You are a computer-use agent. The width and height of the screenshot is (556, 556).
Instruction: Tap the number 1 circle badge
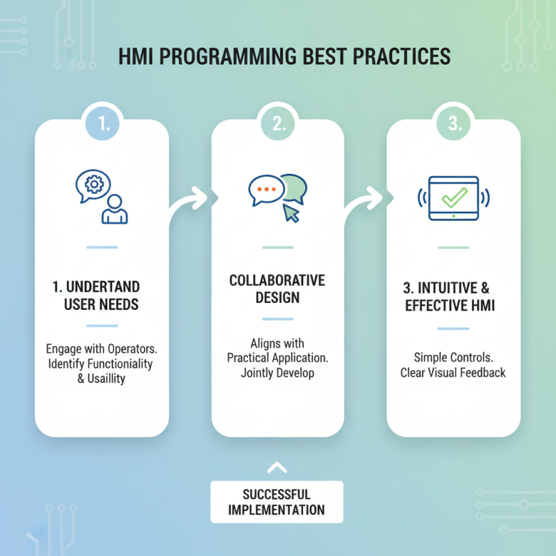(102, 125)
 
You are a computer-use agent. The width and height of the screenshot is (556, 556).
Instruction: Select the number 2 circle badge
(278, 125)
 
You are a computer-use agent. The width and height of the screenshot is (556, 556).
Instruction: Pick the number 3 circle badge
(453, 125)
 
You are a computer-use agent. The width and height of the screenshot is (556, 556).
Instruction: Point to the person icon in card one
(114, 208)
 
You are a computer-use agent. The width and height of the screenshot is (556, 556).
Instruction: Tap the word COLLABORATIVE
(277, 281)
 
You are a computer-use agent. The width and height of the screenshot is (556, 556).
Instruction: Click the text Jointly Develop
(277, 373)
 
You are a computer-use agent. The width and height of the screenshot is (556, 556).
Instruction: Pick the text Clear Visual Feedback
(452, 373)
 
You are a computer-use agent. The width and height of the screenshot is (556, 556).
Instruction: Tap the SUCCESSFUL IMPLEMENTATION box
(277, 502)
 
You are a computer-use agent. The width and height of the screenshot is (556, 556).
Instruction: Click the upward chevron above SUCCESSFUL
(277, 467)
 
